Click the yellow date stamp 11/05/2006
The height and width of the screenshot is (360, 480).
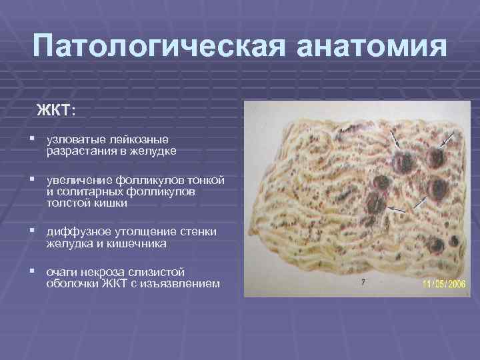pyautogui.click(x=443, y=284)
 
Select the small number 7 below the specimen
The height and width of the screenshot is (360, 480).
pyautogui.click(x=363, y=282)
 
